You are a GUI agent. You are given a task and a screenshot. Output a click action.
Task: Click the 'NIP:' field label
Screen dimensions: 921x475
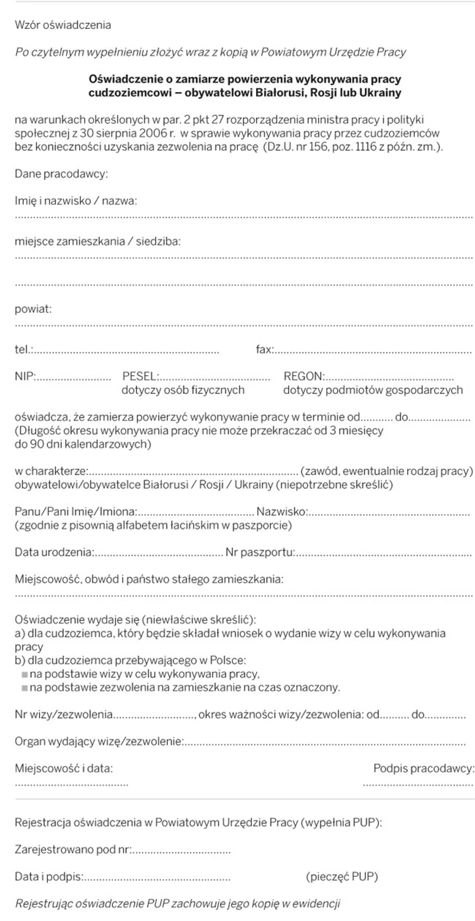click(25, 376)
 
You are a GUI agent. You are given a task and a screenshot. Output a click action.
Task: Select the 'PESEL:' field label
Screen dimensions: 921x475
click(140, 376)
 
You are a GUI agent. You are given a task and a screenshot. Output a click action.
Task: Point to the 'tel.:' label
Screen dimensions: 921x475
click(24, 350)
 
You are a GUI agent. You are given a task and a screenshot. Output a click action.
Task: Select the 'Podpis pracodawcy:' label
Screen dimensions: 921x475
click(424, 768)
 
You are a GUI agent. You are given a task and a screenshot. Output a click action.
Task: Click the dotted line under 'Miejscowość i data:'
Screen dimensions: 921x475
click(71, 784)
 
